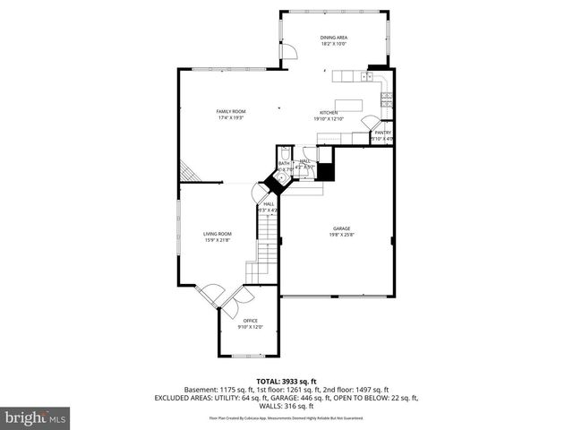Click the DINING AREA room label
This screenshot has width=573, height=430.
[334, 37]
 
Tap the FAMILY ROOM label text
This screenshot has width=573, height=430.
[230, 111]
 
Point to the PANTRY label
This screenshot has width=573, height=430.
[382, 133]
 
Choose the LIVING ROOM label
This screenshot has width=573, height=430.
[218, 234]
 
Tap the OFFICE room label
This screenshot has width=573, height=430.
[251, 320]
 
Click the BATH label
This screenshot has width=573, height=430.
[284, 163]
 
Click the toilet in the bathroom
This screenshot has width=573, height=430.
[285, 153]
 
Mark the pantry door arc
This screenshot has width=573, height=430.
[369, 123]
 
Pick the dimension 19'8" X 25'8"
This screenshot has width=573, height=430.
[335, 235]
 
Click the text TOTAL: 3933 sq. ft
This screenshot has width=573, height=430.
[286, 381]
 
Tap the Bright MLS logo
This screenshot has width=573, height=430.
[36, 417]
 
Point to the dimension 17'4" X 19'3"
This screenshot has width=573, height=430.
[230, 117]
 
